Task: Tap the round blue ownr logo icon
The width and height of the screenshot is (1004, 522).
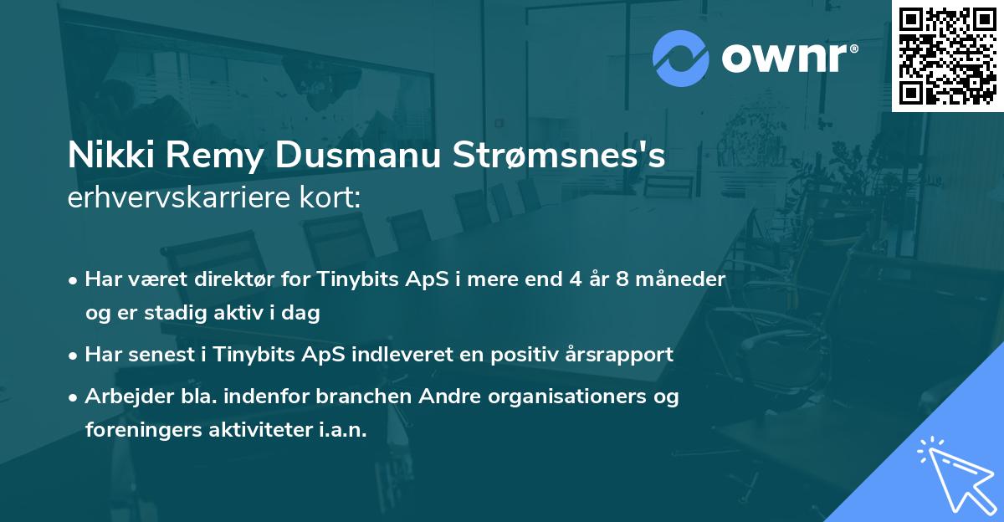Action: pos(681,58)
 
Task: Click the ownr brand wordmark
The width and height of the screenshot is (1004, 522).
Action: pos(788,59)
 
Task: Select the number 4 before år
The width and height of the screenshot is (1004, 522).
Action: pos(577,279)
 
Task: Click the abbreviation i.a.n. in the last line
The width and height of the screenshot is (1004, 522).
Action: pos(339,430)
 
